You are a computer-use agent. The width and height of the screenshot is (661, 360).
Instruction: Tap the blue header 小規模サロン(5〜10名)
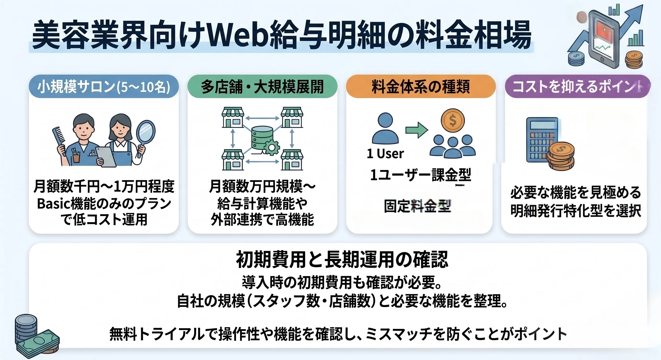(x=104, y=87)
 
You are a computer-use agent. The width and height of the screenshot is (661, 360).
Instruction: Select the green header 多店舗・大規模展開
(x=262, y=87)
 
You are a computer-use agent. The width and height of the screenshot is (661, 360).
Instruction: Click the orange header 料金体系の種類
(x=421, y=87)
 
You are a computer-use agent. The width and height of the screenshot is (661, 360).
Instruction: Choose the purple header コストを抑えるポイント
(x=577, y=87)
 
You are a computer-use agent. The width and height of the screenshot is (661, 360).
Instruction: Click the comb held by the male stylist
(x=60, y=137)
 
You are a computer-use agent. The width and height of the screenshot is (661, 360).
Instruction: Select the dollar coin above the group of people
(x=453, y=120)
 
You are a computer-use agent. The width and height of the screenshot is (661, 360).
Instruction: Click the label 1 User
(x=385, y=154)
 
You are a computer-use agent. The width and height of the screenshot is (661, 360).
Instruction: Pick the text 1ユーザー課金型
(x=420, y=175)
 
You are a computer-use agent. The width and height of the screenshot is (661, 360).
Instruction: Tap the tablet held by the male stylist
(x=106, y=156)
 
